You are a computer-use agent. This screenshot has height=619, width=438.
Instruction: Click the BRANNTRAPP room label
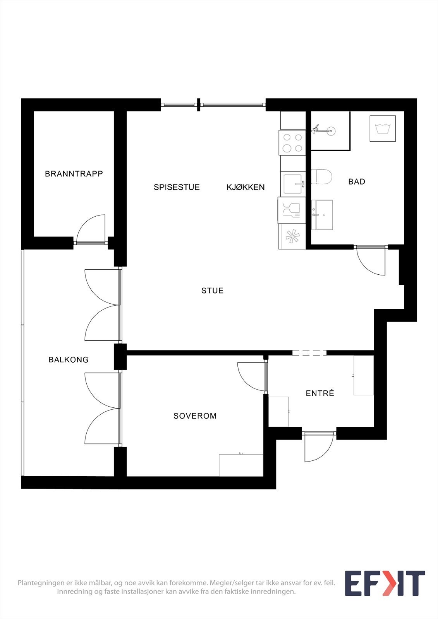coord(74,174)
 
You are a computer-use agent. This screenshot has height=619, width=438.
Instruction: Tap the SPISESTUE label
coord(177,187)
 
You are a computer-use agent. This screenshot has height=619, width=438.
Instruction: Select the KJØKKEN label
coord(246,187)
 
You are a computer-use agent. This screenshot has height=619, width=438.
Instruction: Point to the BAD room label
coord(357,181)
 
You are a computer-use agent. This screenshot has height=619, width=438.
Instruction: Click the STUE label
coord(212,291)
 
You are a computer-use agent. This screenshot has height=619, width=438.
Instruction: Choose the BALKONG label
coord(69,360)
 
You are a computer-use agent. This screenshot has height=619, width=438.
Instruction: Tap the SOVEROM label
coord(195,416)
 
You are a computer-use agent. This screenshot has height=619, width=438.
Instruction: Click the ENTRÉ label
coord(320,393)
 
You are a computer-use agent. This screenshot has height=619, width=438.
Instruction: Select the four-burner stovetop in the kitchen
coord(292,143)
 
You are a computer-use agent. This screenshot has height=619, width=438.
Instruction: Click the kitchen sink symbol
coord(293,183)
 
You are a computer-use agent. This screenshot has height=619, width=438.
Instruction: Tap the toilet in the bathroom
coord(322,177)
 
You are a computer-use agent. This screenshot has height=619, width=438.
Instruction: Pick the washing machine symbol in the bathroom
coord(382,128)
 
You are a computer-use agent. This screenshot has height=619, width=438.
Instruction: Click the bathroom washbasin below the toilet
coord(322,214)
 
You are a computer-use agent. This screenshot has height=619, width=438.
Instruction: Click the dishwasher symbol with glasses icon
coord(292,210)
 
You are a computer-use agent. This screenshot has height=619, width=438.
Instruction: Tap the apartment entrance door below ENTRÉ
coord(318,447)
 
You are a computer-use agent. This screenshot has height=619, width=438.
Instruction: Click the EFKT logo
coord(385,583)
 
